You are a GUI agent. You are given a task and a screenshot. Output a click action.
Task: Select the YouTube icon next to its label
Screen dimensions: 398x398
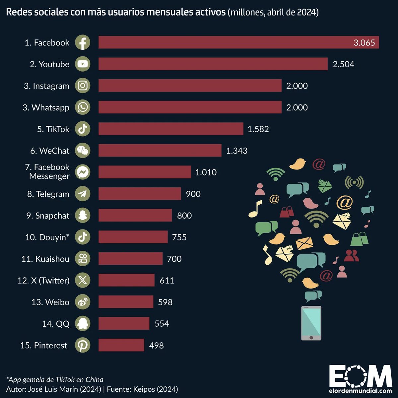click(83, 64)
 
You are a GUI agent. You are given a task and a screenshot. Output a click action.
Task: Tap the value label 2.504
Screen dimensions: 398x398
click(343, 64)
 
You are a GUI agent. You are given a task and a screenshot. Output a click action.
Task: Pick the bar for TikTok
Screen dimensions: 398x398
click(171, 129)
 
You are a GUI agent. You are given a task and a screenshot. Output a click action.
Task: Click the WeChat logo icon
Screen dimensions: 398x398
click(83, 151)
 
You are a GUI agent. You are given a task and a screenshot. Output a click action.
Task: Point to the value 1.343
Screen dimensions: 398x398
click(236, 151)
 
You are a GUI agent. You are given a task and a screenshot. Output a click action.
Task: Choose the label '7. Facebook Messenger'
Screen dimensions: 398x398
click(48, 171)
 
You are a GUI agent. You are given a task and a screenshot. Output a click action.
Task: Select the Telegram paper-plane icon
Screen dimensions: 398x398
click(83, 194)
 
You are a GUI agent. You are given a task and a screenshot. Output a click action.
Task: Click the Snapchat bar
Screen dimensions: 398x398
click(135, 216)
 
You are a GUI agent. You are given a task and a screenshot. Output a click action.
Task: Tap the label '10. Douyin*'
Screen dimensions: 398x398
click(47, 237)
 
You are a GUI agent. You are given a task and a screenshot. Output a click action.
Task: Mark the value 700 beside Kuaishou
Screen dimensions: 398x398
click(174, 259)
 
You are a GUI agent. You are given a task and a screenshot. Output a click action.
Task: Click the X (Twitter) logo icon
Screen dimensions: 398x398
click(83, 280)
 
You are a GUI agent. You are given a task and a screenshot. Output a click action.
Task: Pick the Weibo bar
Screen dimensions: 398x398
click(126, 302)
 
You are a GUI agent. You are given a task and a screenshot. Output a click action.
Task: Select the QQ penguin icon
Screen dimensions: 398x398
click(83, 323)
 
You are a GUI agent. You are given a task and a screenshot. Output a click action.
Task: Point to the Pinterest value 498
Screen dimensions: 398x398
click(156, 345)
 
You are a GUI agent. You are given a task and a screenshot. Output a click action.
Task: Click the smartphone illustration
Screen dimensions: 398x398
click(311, 323)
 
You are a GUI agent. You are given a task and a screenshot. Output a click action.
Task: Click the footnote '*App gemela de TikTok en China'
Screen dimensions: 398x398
click(55, 380)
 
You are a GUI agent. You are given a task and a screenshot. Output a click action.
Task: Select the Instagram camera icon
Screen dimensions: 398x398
click(83, 86)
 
